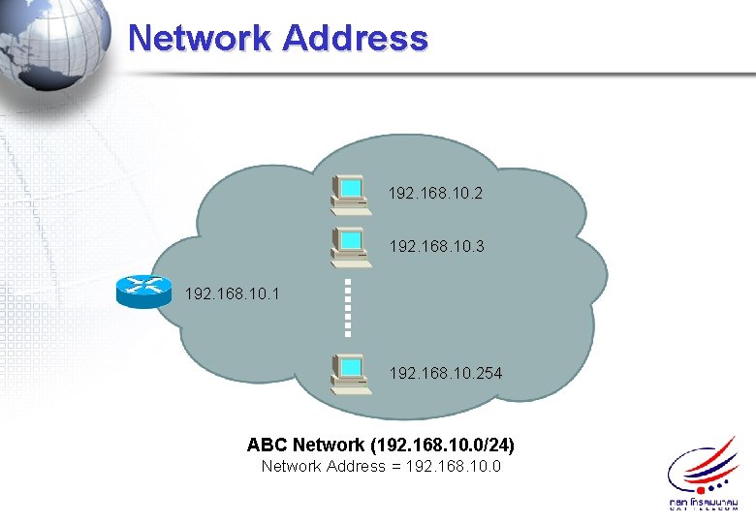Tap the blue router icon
142,290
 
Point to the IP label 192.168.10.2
435,194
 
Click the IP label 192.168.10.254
445,372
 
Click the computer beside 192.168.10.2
349,192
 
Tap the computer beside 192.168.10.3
349,245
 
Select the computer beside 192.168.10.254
349,372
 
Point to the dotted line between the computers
349,308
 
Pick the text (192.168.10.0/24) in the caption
442,446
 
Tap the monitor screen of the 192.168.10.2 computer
351,186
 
